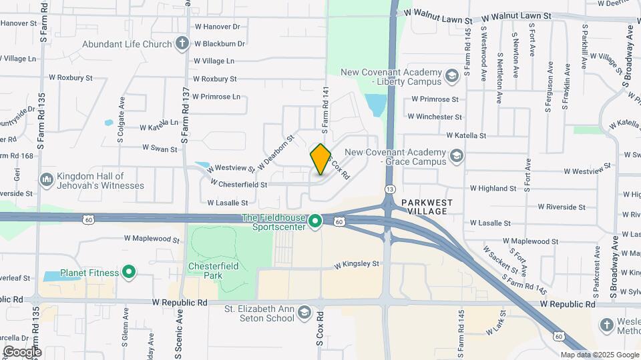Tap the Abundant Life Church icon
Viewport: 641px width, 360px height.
[182, 44]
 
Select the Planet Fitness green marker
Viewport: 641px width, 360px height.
[129, 272]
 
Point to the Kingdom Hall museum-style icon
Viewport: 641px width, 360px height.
[47, 180]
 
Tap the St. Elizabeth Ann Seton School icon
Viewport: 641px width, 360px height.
[304, 313]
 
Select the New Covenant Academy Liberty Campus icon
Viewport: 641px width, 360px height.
[453, 77]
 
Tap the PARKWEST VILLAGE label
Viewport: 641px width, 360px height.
[427, 206]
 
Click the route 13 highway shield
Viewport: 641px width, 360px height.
[389, 190]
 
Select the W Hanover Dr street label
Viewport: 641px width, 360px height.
[217, 27]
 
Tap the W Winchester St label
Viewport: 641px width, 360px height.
[435, 117]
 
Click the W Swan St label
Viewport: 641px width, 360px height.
[159, 148]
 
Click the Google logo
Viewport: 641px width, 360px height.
[21, 351]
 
